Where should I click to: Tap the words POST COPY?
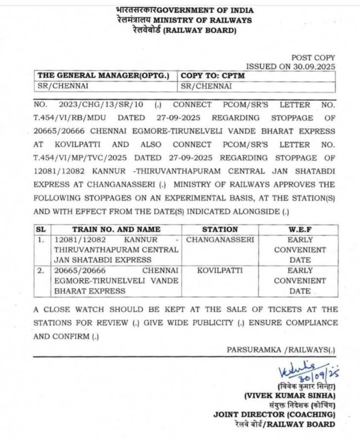[313, 57]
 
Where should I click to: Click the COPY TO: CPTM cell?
[213, 76]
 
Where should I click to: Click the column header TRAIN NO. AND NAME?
[116, 229]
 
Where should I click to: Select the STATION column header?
[219, 229]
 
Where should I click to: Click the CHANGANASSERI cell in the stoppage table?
[219, 240]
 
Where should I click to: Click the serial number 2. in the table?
[41, 270]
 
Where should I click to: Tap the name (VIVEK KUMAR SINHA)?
[290, 396]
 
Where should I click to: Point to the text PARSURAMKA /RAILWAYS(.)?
[281, 349]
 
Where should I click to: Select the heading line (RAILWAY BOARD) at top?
[200, 30]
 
